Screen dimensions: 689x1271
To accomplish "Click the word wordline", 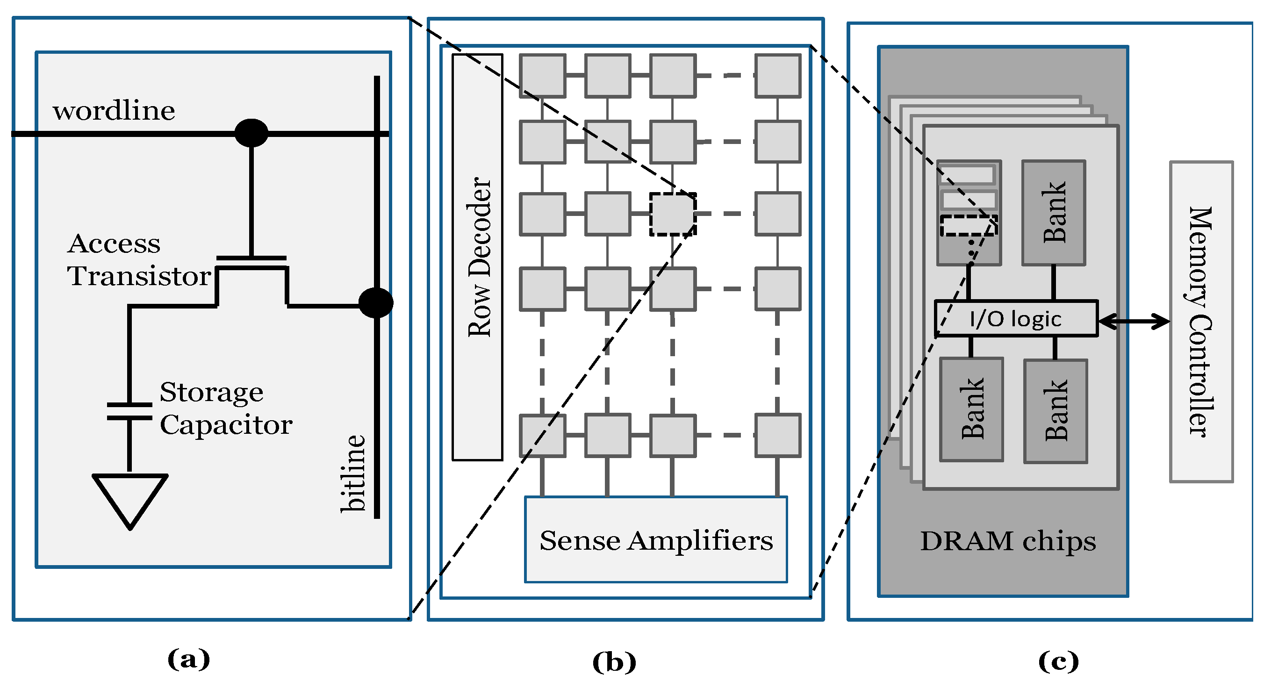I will (114, 111).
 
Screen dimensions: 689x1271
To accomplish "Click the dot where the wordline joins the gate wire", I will (251, 133).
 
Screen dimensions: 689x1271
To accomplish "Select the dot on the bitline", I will (376, 302).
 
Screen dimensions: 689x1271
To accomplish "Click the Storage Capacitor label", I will (225, 409).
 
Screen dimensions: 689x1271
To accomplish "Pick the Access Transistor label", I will (138, 259).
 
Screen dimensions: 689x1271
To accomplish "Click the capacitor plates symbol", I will (129, 411).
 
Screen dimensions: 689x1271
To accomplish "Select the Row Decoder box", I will (477, 257).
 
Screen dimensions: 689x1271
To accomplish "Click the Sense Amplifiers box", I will (656, 539).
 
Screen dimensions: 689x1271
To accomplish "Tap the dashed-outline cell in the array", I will (673, 214).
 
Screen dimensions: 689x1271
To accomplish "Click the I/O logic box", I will (1016, 319).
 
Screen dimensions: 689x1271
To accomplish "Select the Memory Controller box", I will (1201, 322).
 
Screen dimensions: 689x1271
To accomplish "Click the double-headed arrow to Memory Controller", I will (1134, 322).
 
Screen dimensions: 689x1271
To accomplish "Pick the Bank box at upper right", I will (1054, 213).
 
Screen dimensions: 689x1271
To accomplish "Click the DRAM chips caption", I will (1008, 541).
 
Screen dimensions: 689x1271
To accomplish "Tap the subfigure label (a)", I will (188, 660).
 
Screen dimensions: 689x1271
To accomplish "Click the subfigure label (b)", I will (614, 662).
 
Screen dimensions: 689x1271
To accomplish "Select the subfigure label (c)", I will (1058, 661).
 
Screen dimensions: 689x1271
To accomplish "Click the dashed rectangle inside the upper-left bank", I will (969, 226).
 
